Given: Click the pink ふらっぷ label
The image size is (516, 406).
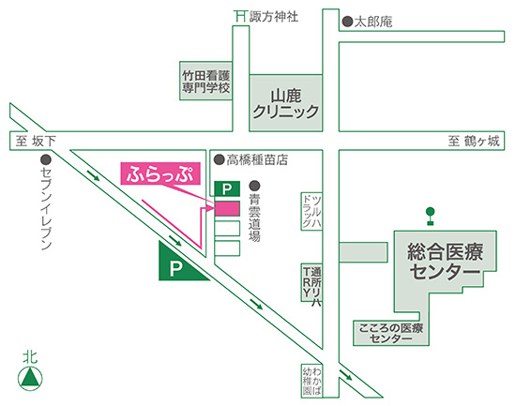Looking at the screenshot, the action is (160, 173).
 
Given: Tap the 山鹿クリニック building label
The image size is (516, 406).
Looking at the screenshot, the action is (285, 103).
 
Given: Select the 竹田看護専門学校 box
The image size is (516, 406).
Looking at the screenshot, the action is (206, 81).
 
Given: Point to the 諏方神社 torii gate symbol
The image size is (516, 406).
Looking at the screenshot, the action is (240, 16).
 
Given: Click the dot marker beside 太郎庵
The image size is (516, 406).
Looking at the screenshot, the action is (347, 22).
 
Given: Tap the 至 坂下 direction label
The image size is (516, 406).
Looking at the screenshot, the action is (36, 142).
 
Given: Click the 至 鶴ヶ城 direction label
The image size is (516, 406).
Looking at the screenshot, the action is (474, 141).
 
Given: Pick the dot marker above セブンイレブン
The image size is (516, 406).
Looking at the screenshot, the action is (46, 160).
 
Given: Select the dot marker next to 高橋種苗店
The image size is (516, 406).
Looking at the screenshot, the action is (220, 160).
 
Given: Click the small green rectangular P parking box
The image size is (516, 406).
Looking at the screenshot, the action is (227, 188).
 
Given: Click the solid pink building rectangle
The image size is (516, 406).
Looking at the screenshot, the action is (227, 208).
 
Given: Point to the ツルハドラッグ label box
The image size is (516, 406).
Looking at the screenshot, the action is (311, 211).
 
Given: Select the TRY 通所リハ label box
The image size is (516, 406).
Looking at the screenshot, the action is (311, 282).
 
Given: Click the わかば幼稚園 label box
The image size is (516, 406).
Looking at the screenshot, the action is (311, 381).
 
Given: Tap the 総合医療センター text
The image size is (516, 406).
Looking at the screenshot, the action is (446, 262).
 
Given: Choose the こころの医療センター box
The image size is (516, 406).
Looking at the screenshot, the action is (391, 333).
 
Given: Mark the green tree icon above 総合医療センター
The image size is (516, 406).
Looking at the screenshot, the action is (430, 216).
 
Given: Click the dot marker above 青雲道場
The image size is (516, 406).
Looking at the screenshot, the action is (254, 186).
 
